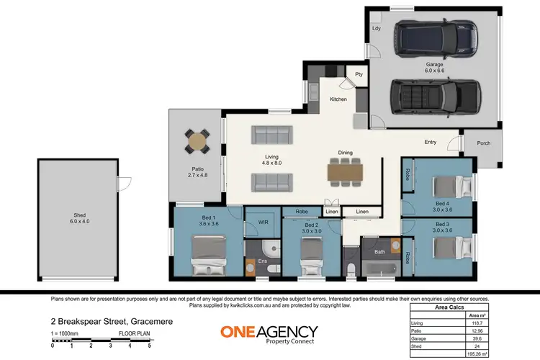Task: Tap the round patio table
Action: click(x=197, y=140)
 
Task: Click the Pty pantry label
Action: click(x=358, y=74)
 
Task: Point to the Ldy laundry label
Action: click(x=376, y=29)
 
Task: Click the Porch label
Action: click(x=484, y=143)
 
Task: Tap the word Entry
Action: click(x=431, y=142)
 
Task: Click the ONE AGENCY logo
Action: click(x=269, y=335)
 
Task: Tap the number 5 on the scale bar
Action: click(x=149, y=346)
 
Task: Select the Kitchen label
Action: click(x=338, y=99)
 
